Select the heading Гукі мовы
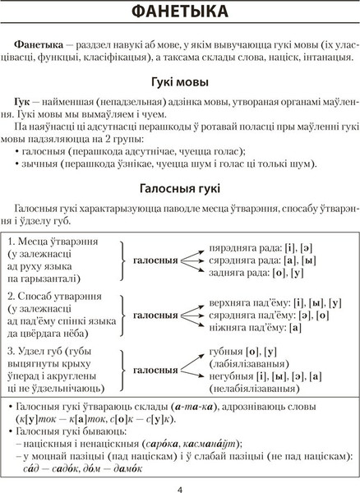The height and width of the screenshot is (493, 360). [179, 83]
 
